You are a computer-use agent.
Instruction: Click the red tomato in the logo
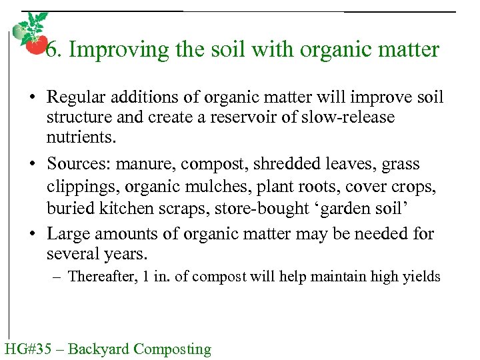[35, 45]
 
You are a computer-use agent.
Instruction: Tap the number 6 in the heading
[51, 49]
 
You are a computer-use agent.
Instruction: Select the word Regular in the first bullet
[72, 98]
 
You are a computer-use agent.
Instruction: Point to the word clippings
[77, 187]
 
